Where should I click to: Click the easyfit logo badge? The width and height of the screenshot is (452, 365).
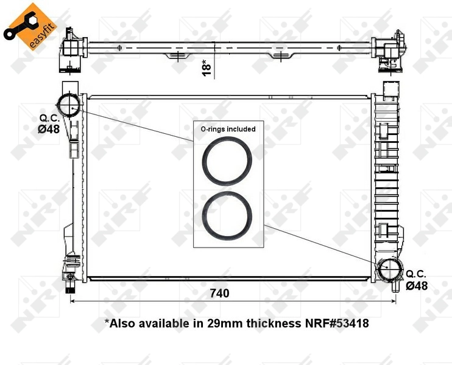click(x=27, y=26)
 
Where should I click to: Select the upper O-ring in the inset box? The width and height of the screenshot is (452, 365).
click(x=227, y=161)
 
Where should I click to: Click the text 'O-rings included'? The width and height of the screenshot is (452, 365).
click(x=228, y=129)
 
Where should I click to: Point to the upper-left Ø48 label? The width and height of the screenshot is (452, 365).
click(x=49, y=128)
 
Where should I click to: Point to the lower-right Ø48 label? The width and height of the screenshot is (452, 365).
click(x=417, y=285)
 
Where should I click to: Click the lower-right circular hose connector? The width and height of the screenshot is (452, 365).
click(x=388, y=270)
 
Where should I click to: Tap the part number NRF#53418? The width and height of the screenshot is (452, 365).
click(x=337, y=323)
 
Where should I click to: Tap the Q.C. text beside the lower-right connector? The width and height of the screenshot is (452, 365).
click(x=417, y=274)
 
